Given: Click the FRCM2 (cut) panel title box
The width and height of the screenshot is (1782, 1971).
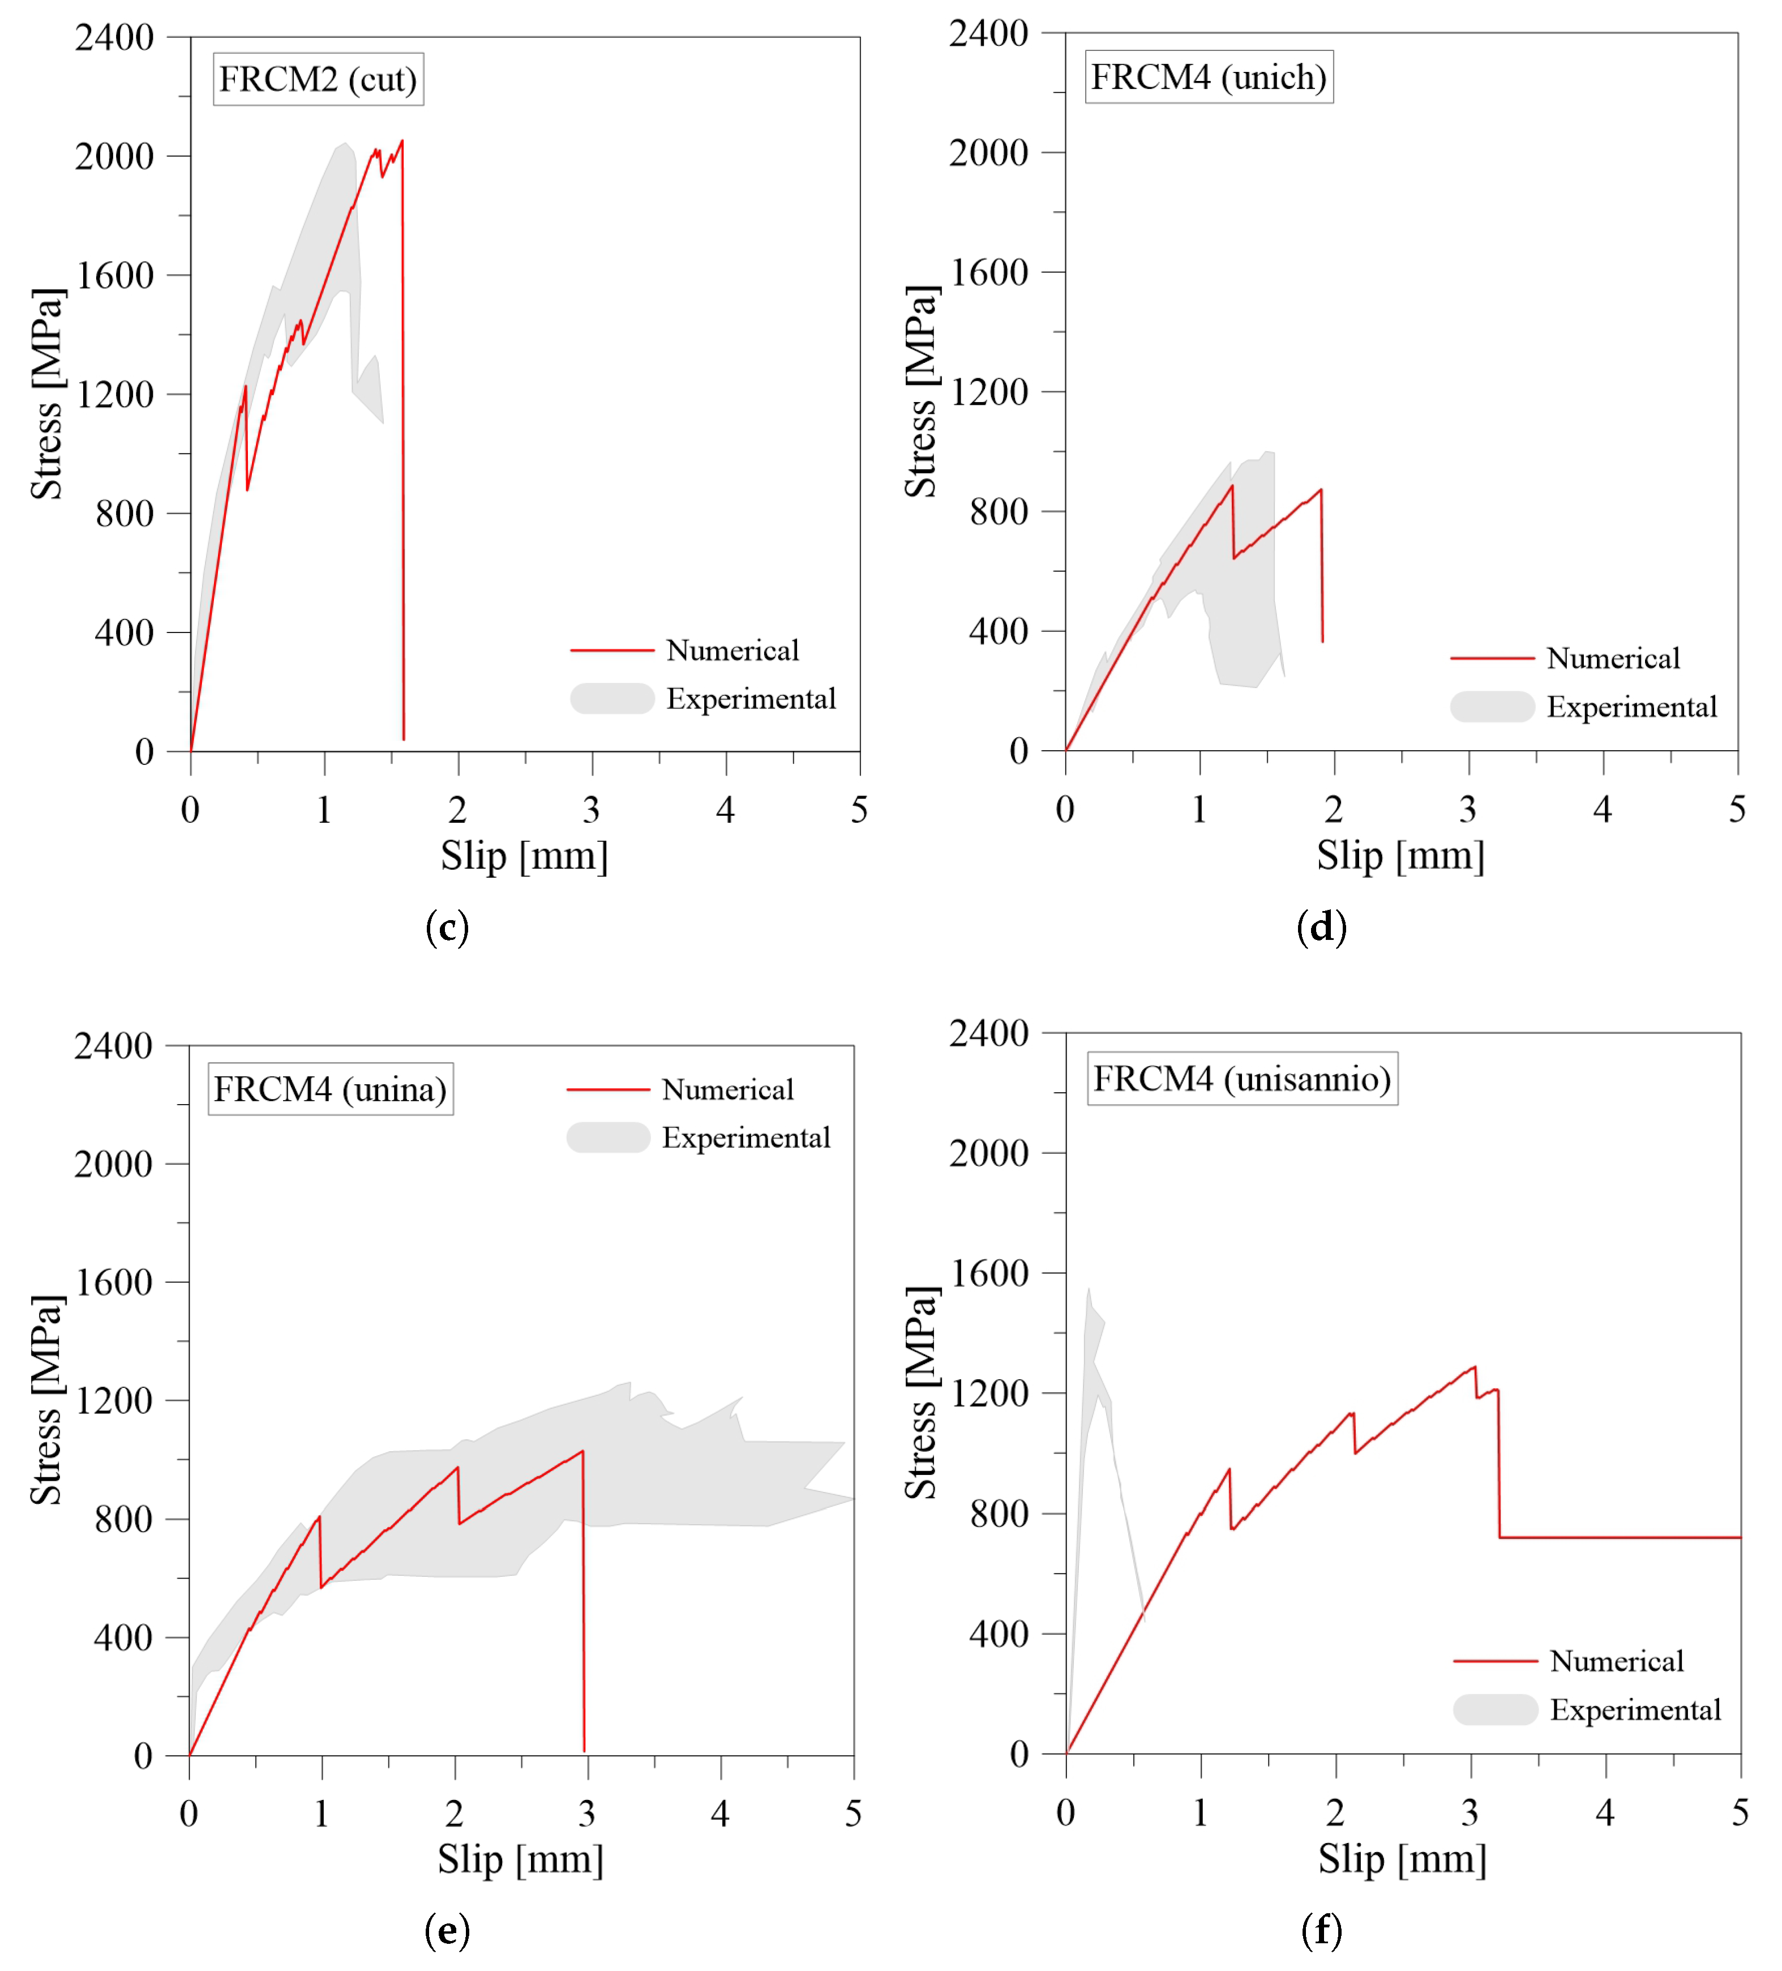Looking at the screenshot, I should pyautogui.click(x=318, y=79).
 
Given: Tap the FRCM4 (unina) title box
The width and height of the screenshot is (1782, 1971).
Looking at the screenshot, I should pyautogui.click(x=331, y=1089).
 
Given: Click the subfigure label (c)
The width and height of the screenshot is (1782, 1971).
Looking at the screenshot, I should pyautogui.click(x=447, y=927).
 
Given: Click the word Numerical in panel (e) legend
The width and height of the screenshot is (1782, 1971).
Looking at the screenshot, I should pyautogui.click(x=727, y=1089).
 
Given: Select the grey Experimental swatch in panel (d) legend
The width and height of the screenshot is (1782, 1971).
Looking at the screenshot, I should pyautogui.click(x=1492, y=707).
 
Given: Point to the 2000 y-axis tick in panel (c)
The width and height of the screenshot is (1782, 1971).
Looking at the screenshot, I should pyautogui.click(x=114, y=156).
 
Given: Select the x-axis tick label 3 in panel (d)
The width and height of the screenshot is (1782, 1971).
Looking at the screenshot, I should pyautogui.click(x=1467, y=810).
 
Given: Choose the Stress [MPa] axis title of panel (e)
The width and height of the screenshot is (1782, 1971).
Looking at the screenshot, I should pyautogui.click(x=46, y=1400).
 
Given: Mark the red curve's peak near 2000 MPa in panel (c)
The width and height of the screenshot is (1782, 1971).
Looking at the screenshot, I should pyautogui.click(x=401, y=142).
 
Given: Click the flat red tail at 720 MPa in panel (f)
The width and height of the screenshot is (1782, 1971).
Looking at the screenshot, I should pyautogui.click(x=1623, y=1538).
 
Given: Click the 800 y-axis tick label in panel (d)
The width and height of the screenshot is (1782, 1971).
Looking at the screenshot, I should pyautogui.click(x=998, y=511).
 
